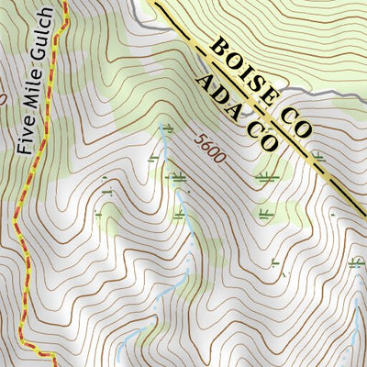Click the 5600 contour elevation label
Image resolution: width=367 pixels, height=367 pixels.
tap(209, 149)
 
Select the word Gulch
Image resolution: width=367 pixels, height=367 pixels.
tap(46, 37)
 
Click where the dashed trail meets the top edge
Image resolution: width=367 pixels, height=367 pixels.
tap(64, 3)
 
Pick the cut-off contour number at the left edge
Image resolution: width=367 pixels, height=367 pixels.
tap(3, 95)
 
